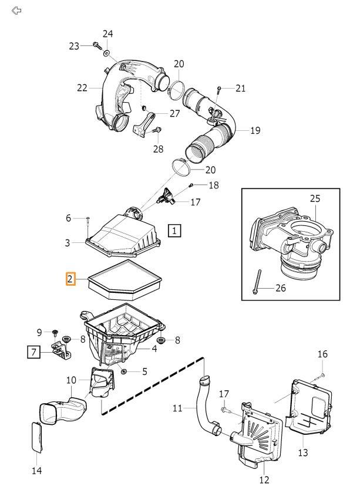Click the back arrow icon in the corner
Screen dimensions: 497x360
[x=17, y=11]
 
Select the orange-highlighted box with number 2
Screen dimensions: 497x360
[x=70, y=279]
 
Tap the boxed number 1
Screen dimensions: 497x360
[x=175, y=230]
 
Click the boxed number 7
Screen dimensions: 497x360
[x=35, y=352]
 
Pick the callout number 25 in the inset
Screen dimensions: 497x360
[x=315, y=200]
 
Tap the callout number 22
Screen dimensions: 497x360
[x=82, y=88]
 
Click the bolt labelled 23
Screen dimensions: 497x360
[x=95, y=45]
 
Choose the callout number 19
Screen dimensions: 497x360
[x=254, y=130]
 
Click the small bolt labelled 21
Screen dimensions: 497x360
[x=218, y=89]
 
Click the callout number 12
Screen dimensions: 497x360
[x=264, y=480]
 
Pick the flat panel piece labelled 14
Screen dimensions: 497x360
[x=36, y=437]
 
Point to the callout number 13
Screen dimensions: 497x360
[x=302, y=453]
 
